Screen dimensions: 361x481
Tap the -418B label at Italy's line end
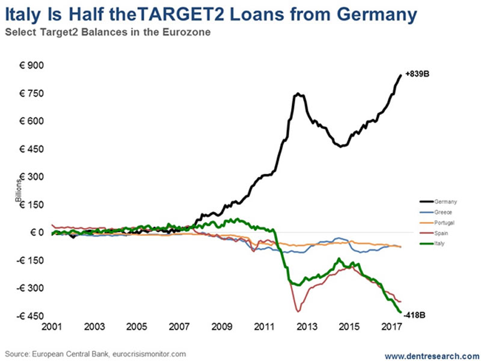point(416,314)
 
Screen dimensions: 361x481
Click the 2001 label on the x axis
point(52,327)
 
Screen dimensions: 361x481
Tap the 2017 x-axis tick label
point(392,327)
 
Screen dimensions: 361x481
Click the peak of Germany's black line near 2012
point(298,94)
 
